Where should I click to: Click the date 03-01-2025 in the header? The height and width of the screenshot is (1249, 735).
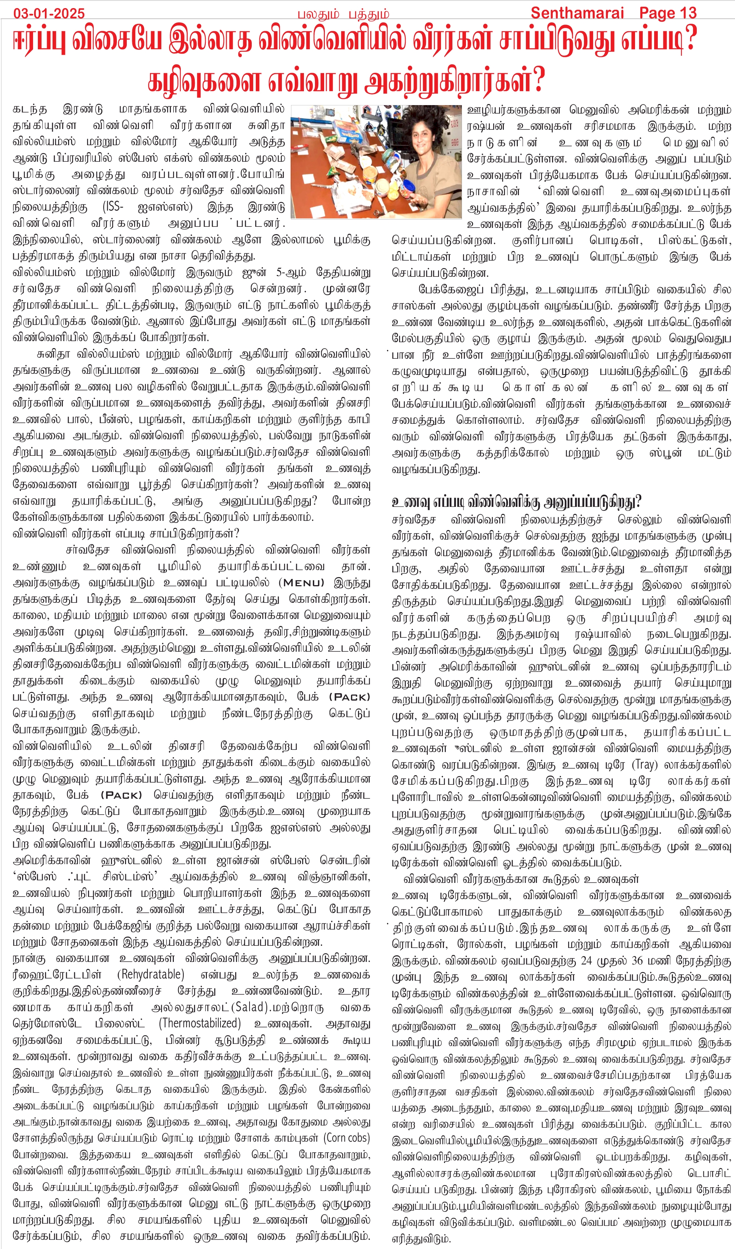point(49,13)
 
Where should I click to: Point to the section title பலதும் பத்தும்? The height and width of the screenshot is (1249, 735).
point(343,14)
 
